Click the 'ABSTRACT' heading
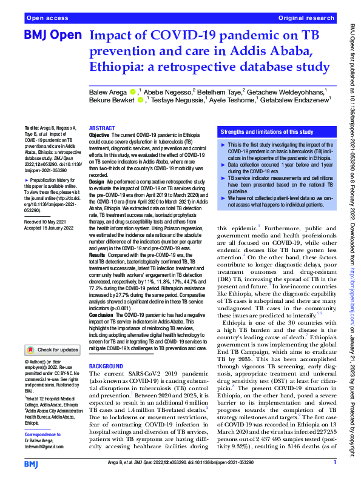coord(103,129)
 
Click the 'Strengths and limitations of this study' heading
coord(267,131)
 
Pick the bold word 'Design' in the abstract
coord(97,181)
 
